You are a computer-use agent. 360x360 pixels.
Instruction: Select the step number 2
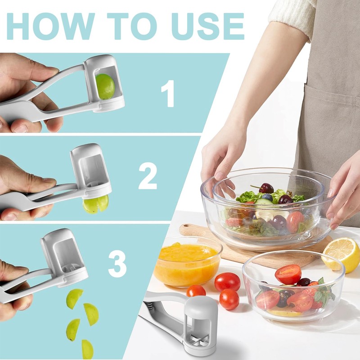148,177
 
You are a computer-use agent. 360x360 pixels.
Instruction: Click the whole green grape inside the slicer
105,86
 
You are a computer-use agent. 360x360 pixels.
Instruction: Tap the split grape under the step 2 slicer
96,204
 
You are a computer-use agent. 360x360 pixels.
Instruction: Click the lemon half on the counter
341,255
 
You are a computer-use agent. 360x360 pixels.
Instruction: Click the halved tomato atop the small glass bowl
288,274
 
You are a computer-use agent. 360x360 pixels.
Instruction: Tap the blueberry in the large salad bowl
267,197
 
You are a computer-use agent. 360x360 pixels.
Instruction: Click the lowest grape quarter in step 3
87,350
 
